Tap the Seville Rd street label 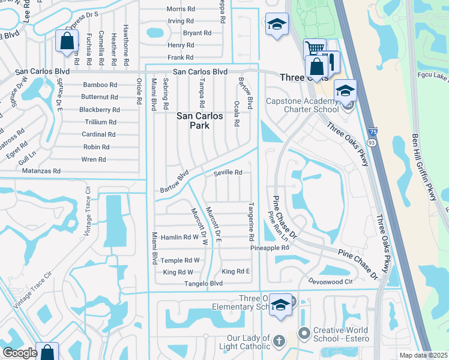point(228,173)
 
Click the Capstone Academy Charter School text point(303,106)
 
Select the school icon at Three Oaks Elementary point(280,304)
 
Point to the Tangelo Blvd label point(203,284)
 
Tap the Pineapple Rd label point(270,248)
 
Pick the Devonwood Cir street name point(330,281)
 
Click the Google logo point(19,353)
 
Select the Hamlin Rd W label point(179,238)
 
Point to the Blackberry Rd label point(100,110)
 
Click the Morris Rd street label point(181,9)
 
